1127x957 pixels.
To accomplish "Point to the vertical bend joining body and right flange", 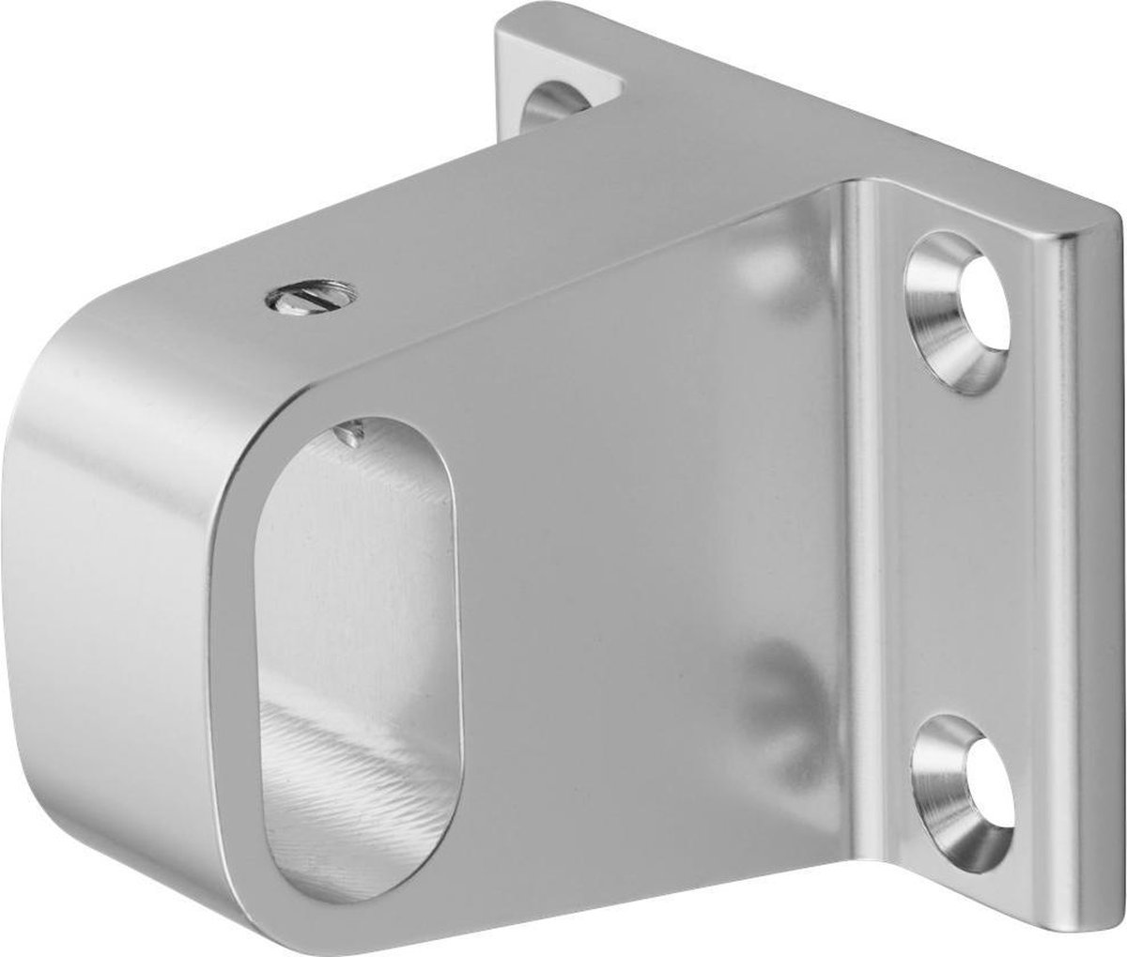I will (859, 526).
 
